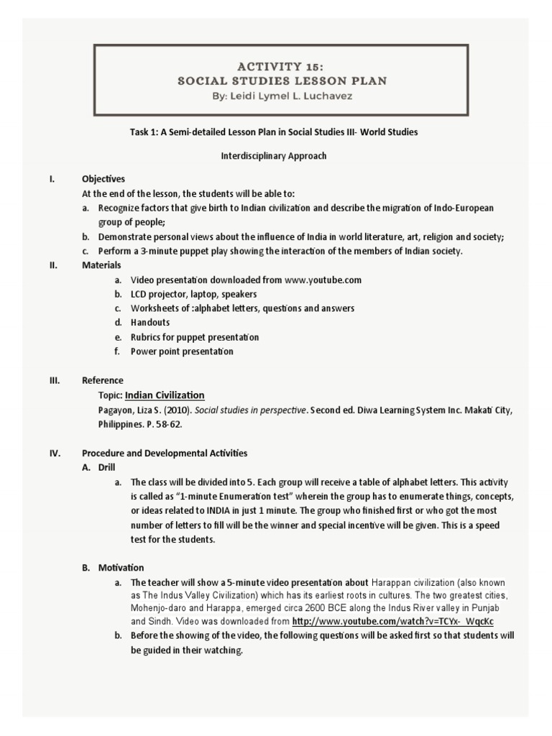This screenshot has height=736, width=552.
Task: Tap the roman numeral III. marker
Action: [x=55, y=380]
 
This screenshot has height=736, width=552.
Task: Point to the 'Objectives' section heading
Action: [x=103, y=179]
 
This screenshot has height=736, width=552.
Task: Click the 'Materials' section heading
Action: [x=101, y=265]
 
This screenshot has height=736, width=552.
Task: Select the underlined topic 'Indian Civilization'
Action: [x=165, y=395]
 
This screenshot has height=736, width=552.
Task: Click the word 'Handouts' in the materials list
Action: [x=150, y=323]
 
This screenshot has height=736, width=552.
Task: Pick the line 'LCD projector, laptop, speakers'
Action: [x=193, y=294]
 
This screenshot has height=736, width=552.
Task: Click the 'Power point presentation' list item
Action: [x=182, y=351]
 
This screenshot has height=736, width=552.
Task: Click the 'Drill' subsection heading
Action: [x=107, y=467]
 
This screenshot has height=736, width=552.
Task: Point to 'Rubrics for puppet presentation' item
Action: [x=195, y=337]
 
